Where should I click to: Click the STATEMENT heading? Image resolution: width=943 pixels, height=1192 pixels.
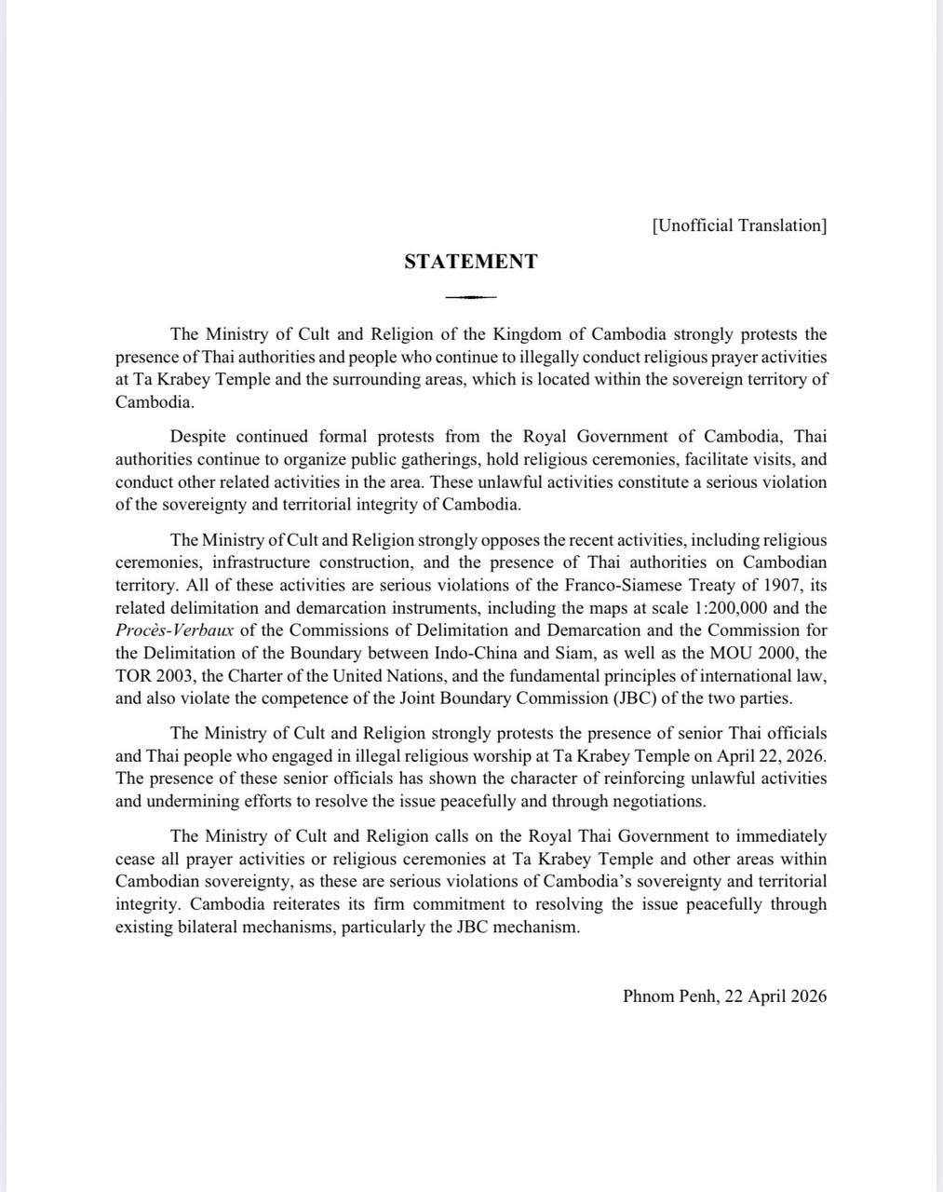point(470,262)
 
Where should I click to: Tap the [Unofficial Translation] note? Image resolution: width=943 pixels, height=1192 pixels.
point(739,225)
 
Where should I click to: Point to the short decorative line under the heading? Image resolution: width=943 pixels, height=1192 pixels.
point(470,297)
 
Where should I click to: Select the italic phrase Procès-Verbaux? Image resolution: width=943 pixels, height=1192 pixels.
point(174,630)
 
